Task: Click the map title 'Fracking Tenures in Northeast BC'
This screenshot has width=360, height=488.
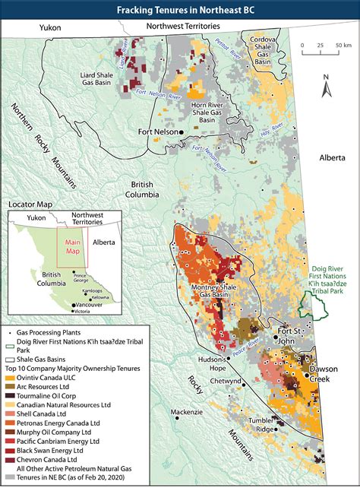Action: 180,9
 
